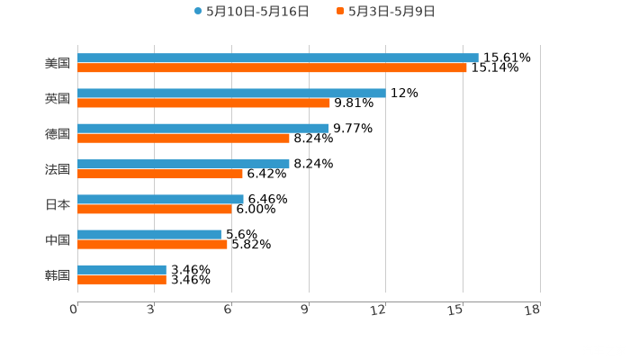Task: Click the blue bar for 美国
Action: click(x=277, y=58)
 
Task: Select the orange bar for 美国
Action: click(x=272, y=67)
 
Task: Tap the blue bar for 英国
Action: click(x=231, y=93)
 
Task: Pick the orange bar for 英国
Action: click(x=203, y=103)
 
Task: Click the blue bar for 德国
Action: click(x=202, y=128)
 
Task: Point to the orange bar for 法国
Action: click(x=160, y=174)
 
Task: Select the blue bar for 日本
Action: click(x=160, y=199)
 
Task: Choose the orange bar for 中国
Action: click(x=152, y=244)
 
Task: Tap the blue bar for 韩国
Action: click(x=121, y=269)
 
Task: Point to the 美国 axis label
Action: click(x=58, y=63)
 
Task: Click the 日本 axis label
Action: click(x=58, y=204)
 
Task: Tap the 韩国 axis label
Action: click(x=58, y=274)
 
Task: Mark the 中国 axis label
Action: click(x=58, y=239)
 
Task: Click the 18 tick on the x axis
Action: click(x=532, y=310)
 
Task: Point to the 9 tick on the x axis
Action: click(x=304, y=310)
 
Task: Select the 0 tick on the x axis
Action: click(x=74, y=310)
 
